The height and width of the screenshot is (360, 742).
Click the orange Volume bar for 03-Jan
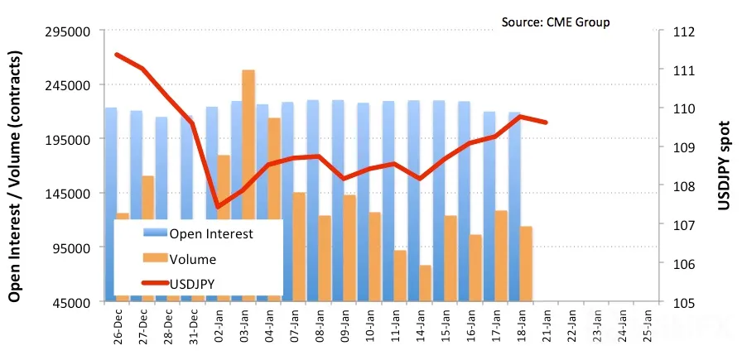point(248,185)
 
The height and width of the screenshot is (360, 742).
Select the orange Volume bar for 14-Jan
point(425,283)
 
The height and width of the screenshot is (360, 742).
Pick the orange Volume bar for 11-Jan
point(400,276)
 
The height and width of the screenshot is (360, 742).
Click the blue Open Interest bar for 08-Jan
point(313,200)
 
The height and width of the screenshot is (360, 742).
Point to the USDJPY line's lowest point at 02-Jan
point(218,206)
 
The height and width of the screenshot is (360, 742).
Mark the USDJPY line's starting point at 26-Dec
point(117,55)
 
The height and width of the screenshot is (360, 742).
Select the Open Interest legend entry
point(198,233)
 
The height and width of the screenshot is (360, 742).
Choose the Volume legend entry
point(180,259)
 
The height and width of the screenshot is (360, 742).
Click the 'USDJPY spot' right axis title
point(724,164)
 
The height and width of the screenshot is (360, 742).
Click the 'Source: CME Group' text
point(556,22)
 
